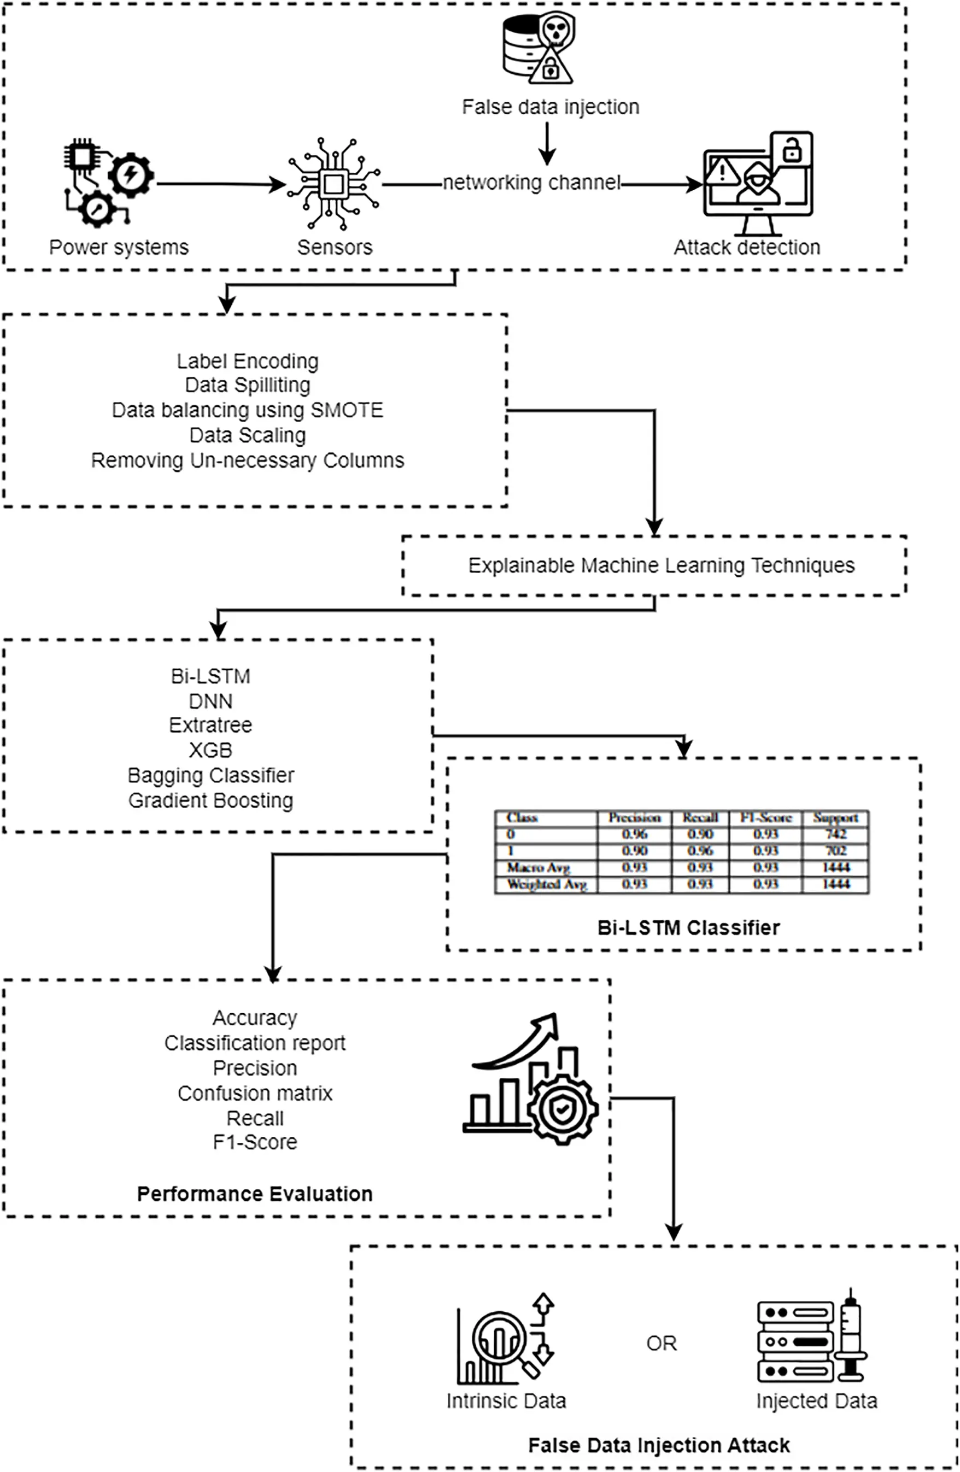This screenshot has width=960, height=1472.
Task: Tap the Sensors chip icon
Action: [333, 184]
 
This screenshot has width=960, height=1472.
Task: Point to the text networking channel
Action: [531, 183]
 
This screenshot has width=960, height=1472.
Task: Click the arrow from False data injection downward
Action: [547, 143]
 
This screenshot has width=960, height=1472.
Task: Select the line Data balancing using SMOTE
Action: [248, 410]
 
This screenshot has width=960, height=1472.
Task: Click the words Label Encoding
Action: [248, 361]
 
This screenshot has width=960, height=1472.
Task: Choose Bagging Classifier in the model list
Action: [211, 775]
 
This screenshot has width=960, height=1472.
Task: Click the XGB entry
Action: [211, 750]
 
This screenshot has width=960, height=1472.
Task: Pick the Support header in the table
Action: [835, 817]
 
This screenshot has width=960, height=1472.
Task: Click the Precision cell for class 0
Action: [635, 834]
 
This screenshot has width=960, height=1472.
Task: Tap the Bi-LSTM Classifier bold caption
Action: [688, 928]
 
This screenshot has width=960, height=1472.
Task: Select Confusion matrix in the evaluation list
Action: [255, 1094]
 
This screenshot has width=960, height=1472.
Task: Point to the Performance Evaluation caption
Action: [255, 1194]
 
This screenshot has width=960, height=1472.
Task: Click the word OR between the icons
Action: [662, 1344]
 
